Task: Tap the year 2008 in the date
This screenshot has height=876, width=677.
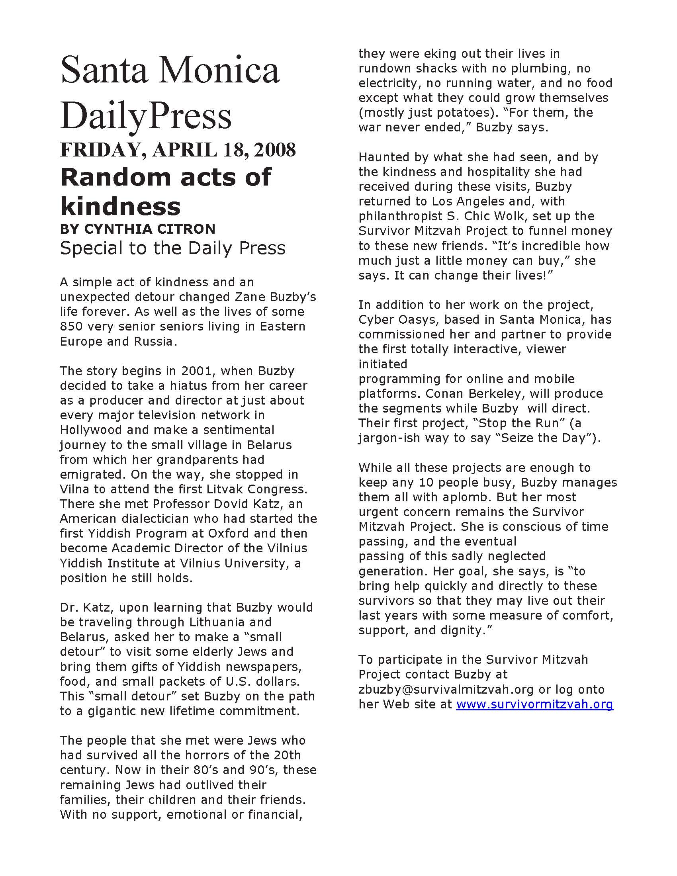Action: (x=275, y=150)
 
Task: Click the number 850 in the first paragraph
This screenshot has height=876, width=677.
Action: (x=71, y=327)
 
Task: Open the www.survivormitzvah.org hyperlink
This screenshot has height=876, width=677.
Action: (x=534, y=704)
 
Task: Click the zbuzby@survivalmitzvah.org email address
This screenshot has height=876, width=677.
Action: (x=446, y=690)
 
